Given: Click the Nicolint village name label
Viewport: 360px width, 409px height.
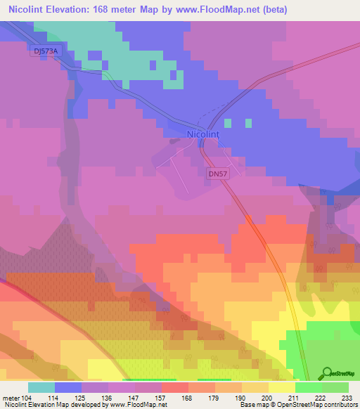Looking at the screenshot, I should pyautogui.click(x=204, y=134).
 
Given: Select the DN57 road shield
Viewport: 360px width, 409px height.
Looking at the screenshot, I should pyautogui.click(x=217, y=173).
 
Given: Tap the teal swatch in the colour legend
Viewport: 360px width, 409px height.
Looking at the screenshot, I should pyautogui.click(x=41, y=387).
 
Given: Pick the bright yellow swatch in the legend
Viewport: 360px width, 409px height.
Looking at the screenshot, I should pyautogui.click(x=282, y=387).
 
